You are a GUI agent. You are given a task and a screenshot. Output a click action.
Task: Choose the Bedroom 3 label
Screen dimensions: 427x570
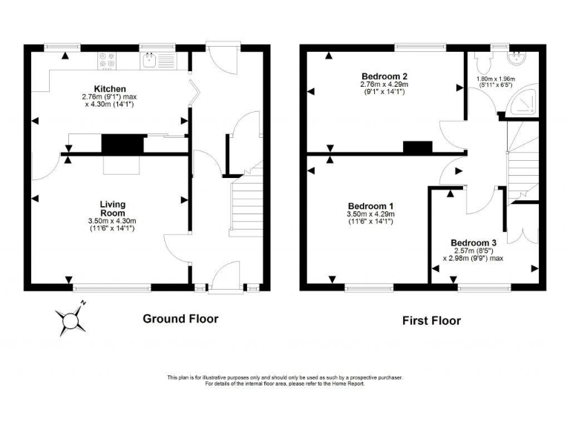tap(474, 242)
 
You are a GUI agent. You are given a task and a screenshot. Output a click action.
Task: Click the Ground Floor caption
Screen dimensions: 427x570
tap(180, 319)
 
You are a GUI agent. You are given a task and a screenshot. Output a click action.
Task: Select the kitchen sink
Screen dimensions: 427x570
tap(154, 59)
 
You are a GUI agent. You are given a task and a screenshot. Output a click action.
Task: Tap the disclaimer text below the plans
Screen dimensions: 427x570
tap(285, 380)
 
